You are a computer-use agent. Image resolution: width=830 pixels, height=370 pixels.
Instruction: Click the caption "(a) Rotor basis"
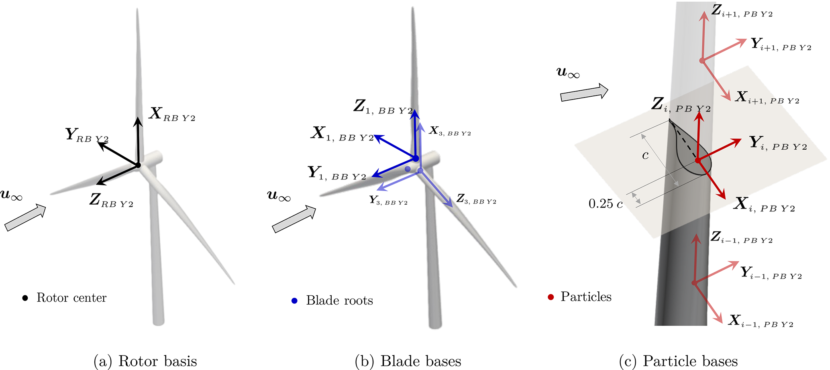tap(145, 361)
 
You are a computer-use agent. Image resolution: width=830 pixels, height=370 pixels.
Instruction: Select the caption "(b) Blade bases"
tap(408, 361)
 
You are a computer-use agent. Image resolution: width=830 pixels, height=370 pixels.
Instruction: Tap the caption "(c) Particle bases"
tap(678, 361)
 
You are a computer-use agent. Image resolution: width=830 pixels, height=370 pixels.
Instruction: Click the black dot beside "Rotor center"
tap(25, 298)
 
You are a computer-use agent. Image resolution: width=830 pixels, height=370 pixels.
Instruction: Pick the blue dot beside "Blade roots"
tap(294, 301)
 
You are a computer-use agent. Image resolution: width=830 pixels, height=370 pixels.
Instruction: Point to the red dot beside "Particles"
tap(551, 297)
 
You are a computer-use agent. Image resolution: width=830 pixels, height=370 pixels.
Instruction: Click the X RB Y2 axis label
tap(172, 114)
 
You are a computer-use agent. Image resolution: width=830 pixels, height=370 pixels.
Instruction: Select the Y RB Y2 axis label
tap(87, 135)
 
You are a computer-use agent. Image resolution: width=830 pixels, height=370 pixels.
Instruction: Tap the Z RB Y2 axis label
tap(111, 200)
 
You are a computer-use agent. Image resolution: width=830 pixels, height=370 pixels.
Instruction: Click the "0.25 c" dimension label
tap(606, 204)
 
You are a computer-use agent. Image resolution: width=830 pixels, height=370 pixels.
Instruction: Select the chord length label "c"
tap(645, 155)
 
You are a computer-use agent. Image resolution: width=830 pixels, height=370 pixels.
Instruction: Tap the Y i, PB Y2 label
tap(778, 143)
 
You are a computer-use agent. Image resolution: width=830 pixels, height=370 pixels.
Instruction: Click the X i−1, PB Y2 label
tap(761, 321)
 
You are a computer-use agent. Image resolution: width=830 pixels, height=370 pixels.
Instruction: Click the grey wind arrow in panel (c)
tap(584, 93)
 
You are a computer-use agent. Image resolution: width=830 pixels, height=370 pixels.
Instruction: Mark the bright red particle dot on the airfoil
tap(698, 161)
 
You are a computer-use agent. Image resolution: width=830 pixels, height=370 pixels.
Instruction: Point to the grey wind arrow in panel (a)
tap(25, 218)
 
